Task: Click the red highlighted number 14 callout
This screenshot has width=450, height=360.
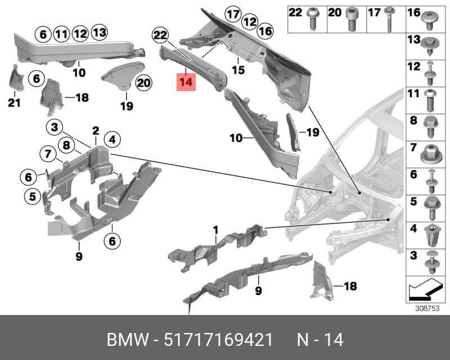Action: (186, 82)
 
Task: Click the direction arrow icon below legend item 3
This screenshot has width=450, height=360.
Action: (425, 290)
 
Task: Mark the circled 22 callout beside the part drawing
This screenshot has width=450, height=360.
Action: (161, 36)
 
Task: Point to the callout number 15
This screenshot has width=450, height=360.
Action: (239, 71)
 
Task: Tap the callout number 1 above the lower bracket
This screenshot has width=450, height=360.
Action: (215, 229)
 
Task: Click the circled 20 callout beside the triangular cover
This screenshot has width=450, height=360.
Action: (143, 83)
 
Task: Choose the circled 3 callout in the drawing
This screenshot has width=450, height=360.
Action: (55, 127)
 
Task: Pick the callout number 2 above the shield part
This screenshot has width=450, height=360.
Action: (96, 130)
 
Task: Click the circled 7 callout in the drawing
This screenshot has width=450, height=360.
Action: (48, 152)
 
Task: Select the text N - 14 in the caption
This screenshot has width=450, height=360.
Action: (320, 340)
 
